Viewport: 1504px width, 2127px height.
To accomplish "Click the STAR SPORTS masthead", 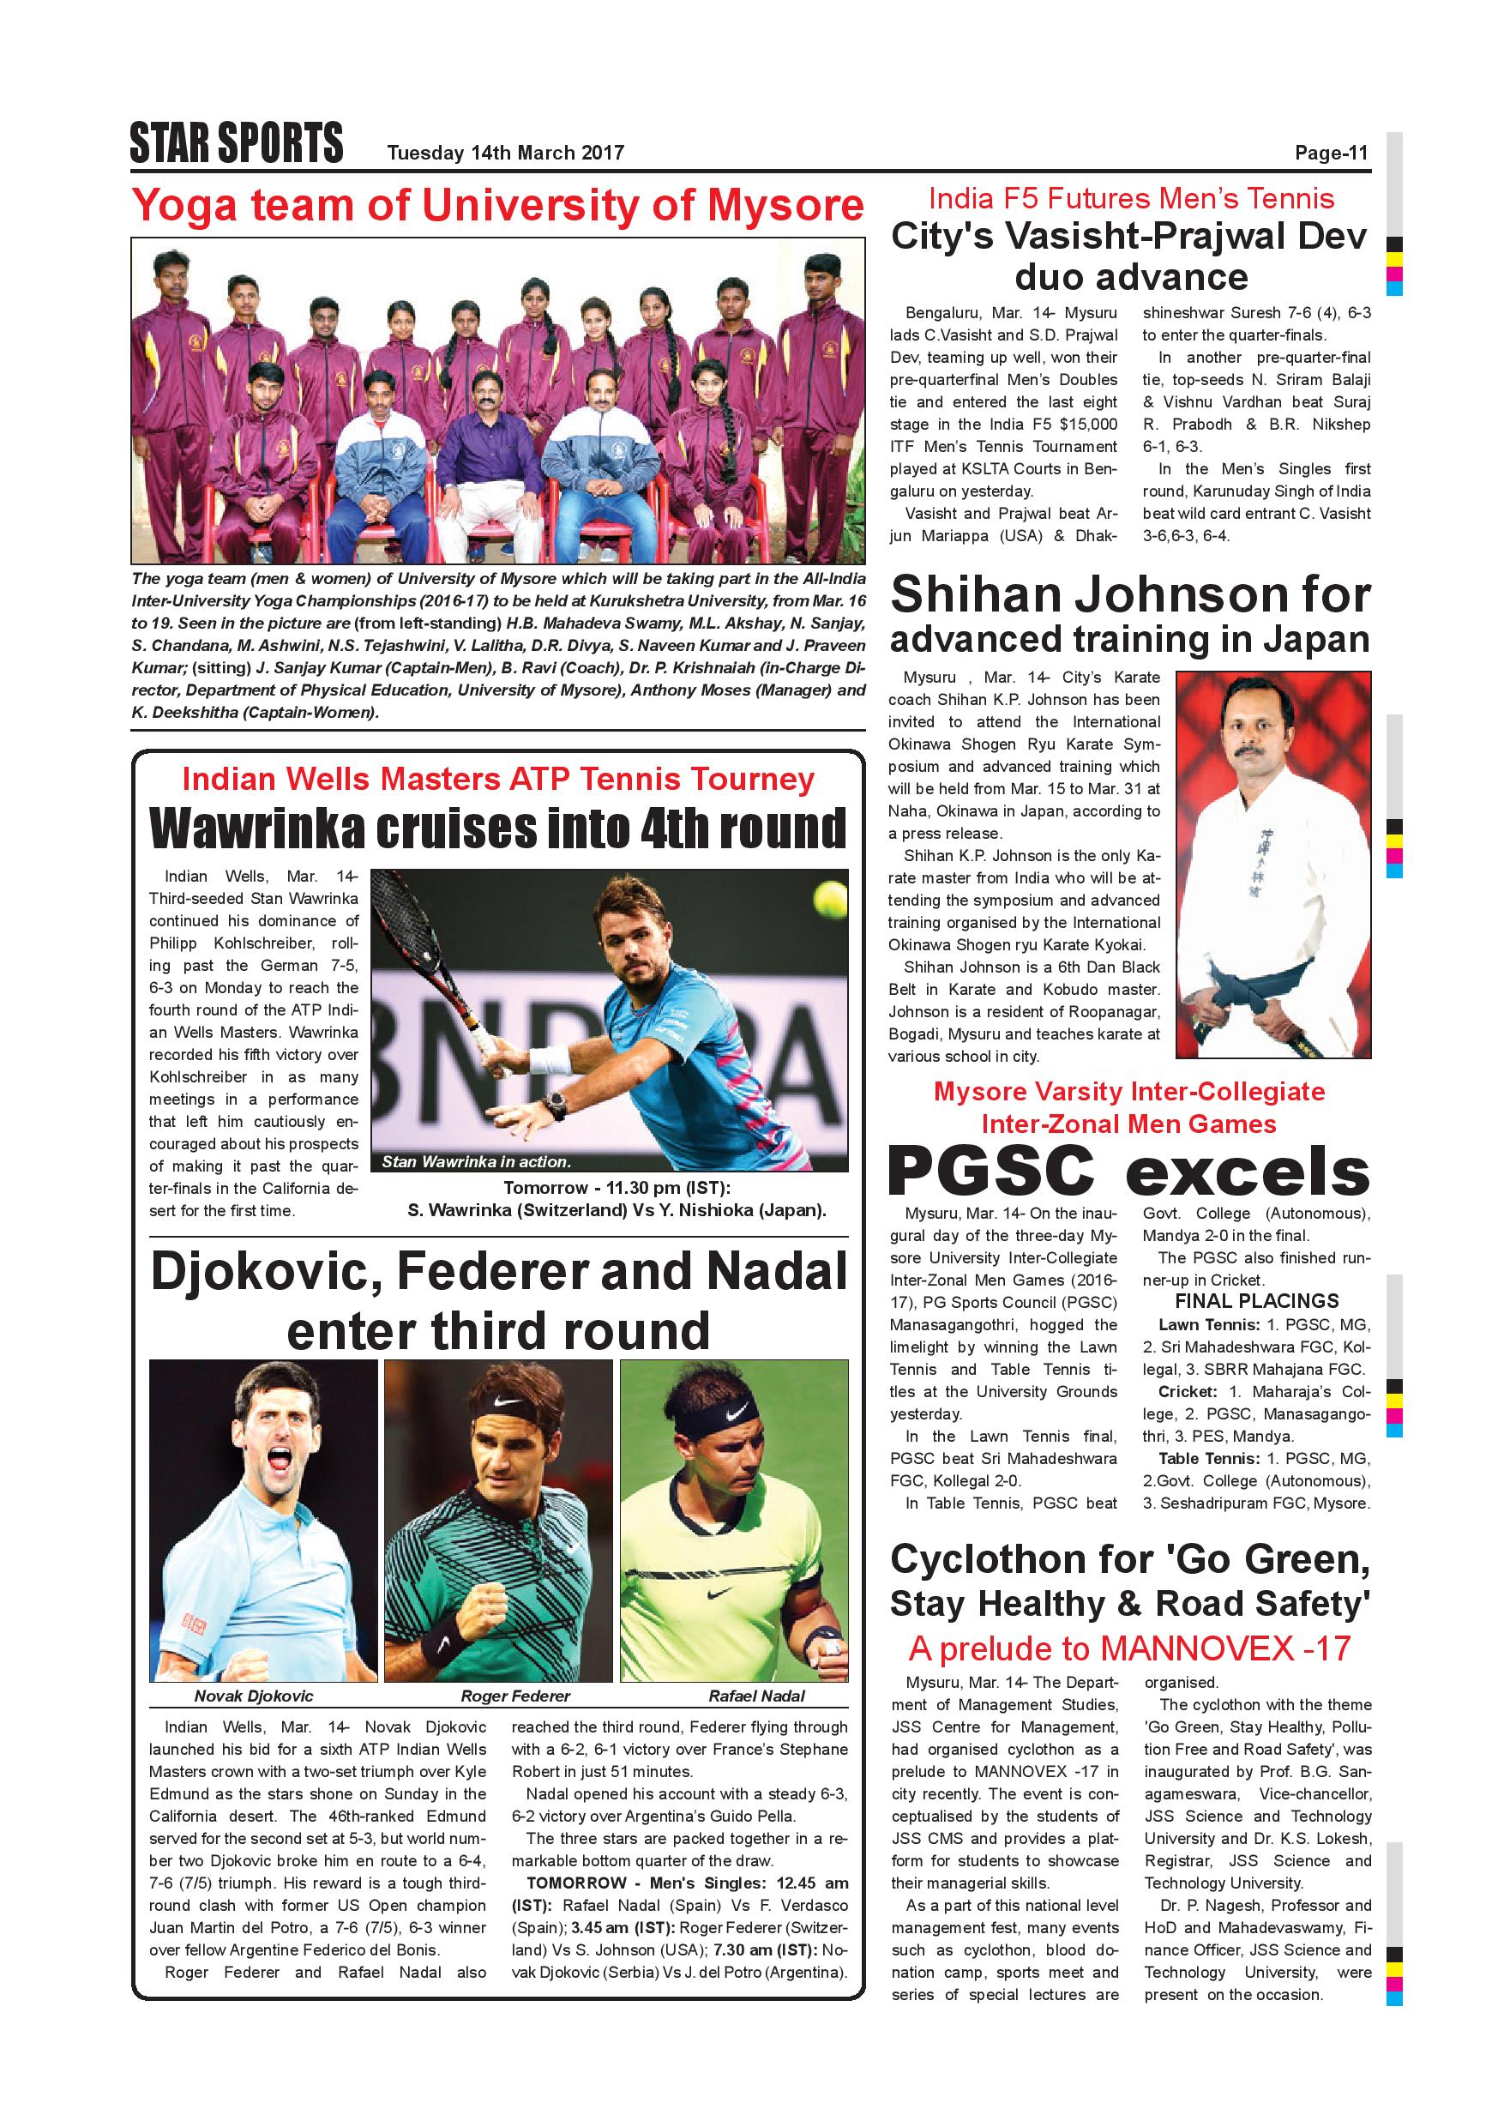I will tap(236, 142).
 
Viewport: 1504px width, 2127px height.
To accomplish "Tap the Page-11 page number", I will tap(1331, 153).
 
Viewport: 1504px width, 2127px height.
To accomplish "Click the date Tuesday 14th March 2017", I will tap(506, 153).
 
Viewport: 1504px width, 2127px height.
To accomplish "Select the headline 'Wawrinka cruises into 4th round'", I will tap(498, 828).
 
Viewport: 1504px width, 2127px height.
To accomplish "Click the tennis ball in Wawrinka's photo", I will tap(824, 895).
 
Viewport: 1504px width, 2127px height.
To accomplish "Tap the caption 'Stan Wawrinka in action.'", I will tap(476, 1161).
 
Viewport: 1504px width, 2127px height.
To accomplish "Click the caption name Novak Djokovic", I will tap(254, 1696).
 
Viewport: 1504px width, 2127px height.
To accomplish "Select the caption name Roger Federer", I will tap(515, 1696).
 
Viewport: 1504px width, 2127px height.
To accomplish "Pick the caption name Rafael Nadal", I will tap(755, 1696).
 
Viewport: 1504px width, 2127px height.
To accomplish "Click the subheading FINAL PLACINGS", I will tap(1257, 1301).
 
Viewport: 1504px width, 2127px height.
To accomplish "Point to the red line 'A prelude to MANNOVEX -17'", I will tap(1129, 1648).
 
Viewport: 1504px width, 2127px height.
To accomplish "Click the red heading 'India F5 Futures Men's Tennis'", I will tap(1131, 198).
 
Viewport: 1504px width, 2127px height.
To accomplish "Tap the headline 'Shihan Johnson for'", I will tap(1130, 594).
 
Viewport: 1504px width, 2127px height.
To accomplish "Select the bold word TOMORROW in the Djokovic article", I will tap(564, 1883).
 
